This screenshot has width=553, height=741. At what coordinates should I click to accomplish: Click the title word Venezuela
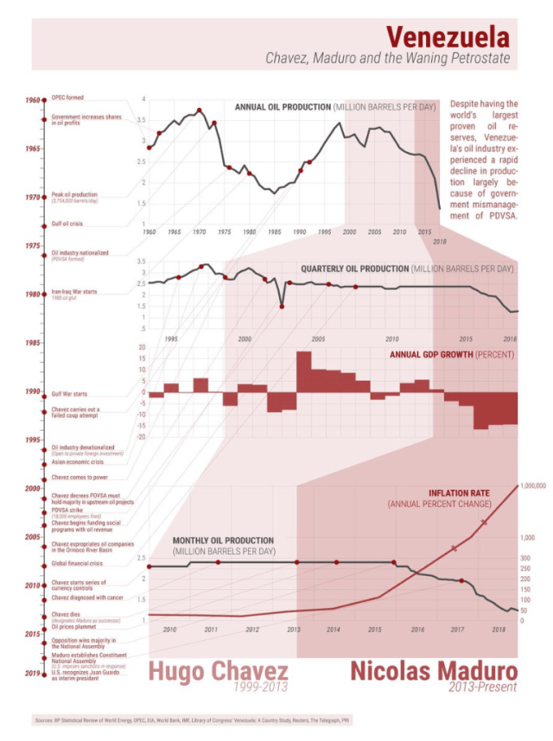point(447,37)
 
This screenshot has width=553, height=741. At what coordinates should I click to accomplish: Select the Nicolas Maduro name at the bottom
point(433,672)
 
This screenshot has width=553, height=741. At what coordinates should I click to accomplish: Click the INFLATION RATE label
point(459,493)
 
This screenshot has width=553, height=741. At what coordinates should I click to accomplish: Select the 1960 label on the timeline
point(32,100)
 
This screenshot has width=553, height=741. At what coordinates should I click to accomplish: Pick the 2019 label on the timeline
point(32,674)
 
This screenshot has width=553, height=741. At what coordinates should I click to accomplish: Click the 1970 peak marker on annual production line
point(200,111)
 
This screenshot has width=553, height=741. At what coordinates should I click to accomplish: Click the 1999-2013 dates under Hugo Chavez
point(259,687)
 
